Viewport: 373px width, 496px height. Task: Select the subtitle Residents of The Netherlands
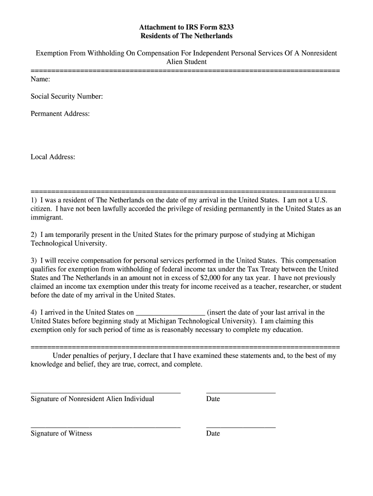tap(186, 36)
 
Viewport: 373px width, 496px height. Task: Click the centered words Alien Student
tap(186, 62)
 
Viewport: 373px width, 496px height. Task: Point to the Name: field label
tap(40, 79)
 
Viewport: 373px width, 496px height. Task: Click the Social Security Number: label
tap(66, 96)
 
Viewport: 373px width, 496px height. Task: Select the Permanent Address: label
tap(60, 114)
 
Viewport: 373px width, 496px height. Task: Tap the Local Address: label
tap(53, 157)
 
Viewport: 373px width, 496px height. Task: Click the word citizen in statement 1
tap(41, 209)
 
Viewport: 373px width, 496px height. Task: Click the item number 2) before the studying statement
tap(34, 234)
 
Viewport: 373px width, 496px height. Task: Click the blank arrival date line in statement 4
tap(171, 313)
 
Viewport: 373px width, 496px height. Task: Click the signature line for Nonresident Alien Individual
tap(105, 392)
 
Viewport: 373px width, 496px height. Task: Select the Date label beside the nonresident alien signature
tap(213, 399)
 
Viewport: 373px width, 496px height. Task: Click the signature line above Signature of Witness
tap(105, 427)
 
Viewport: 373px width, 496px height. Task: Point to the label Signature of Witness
tap(61, 434)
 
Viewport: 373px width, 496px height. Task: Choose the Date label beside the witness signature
tap(213, 434)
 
